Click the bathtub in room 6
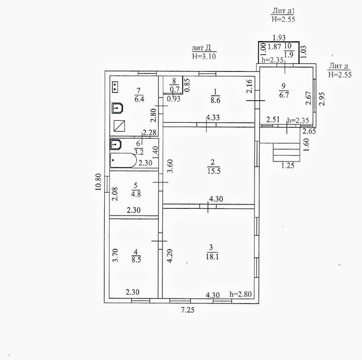pos(123,160)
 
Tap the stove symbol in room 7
pos(115,87)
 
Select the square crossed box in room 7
pos(119,126)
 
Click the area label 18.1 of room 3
pos(211,256)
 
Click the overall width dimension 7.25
pos(188,310)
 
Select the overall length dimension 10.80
pos(99,182)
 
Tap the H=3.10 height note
pos(204,56)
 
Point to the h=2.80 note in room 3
pos(240,294)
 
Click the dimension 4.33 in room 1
pos(213,117)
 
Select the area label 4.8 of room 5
pos(135,194)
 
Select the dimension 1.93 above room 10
pos(279,38)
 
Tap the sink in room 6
pos(115,144)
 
